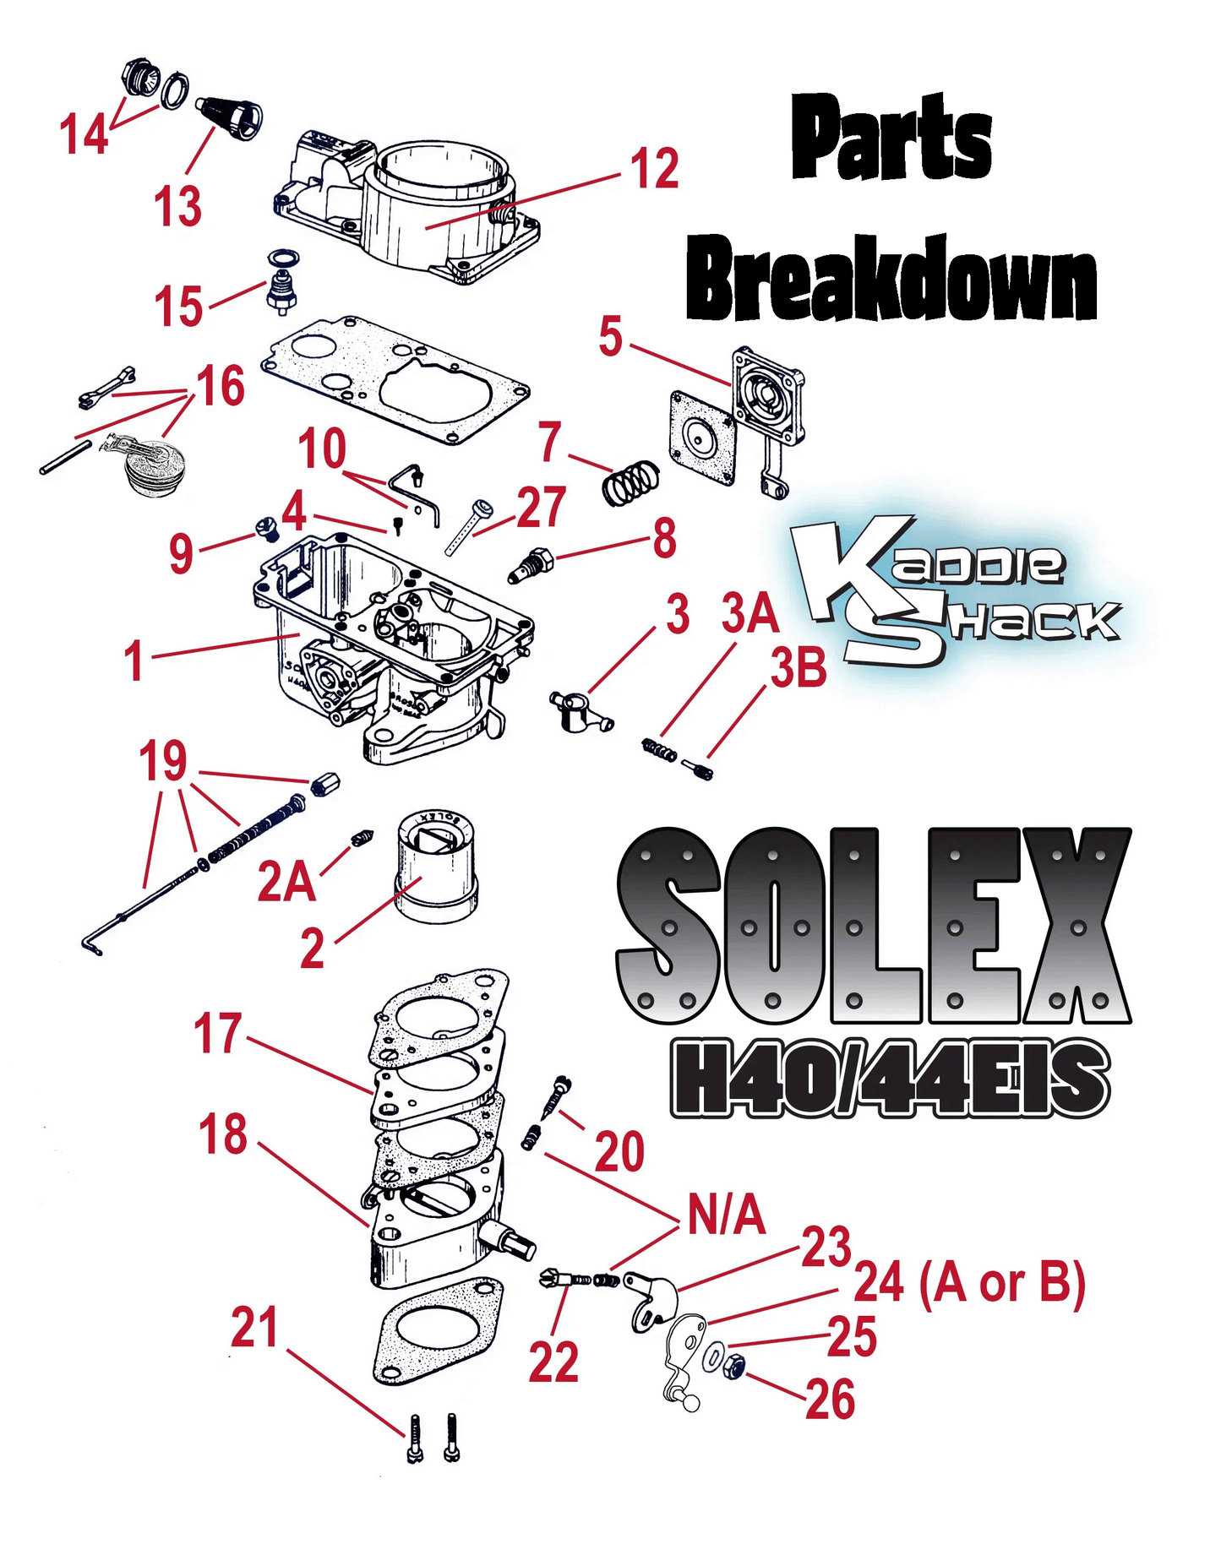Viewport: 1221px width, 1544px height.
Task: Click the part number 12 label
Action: coord(655,169)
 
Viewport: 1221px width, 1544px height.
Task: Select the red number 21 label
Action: coord(254,1328)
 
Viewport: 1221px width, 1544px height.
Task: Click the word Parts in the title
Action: coord(891,138)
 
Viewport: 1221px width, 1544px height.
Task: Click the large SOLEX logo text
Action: coord(874,927)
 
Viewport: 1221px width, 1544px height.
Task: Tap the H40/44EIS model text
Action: coord(889,1077)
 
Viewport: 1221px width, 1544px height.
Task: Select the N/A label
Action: coord(726,1216)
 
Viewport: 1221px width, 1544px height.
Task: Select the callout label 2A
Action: coord(286,883)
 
